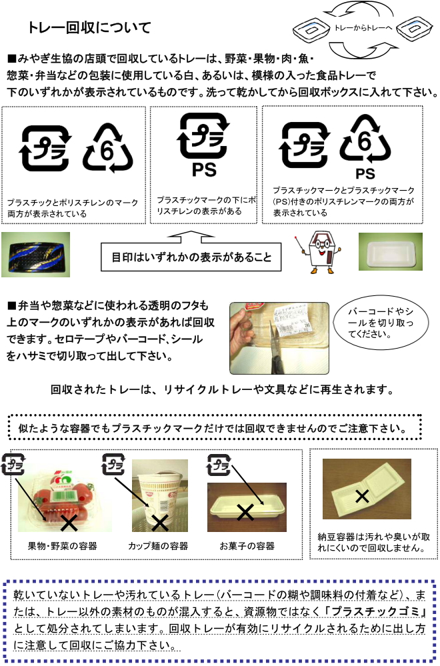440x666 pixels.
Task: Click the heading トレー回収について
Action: pos(89,28)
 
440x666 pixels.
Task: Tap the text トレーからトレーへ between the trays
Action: pos(363,28)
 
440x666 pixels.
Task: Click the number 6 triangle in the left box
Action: pos(108,148)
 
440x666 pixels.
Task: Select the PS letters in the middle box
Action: pos(204,169)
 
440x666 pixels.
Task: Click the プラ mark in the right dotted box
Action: pos(304,145)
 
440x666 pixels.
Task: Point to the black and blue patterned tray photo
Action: pos(36,255)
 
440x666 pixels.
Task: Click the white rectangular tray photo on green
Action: pos(390,251)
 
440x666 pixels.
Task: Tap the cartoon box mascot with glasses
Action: pos(321,252)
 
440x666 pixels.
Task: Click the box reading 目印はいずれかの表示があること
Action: pos(191,257)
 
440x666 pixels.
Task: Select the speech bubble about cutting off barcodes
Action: pos(380,323)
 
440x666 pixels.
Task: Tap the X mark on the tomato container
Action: pos(69,523)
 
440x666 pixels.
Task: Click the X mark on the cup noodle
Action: pos(160,523)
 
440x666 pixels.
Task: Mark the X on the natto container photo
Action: pos(362,496)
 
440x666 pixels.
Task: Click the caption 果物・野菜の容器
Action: pos(63,546)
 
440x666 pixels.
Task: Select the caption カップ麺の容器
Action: pos(158,546)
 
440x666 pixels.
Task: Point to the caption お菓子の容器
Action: pos(247,546)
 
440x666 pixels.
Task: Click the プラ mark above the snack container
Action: pos(218,465)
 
